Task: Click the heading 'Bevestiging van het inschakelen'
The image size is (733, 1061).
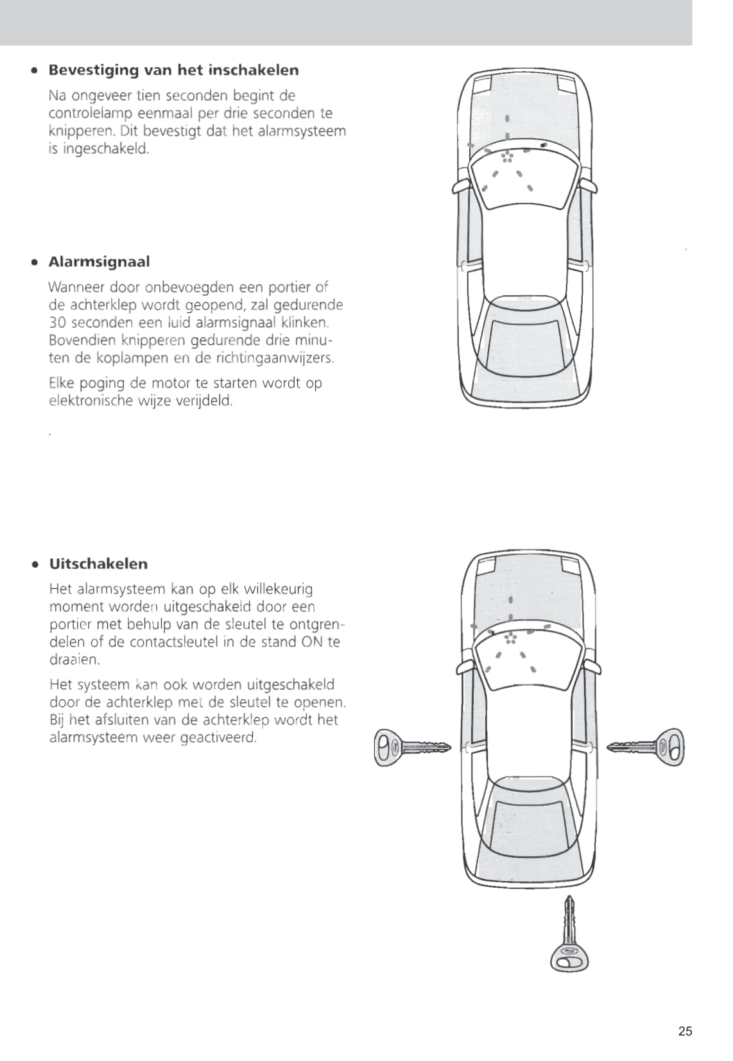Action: pyautogui.click(x=173, y=70)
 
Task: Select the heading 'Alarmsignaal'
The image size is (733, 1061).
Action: pyautogui.click(x=99, y=262)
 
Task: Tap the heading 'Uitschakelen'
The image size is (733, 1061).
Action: pyautogui.click(x=98, y=564)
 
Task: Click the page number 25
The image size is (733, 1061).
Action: pyautogui.click(x=685, y=1031)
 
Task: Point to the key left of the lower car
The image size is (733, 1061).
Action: pyautogui.click(x=411, y=747)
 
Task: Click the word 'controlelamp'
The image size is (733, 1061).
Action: pyautogui.click(x=91, y=114)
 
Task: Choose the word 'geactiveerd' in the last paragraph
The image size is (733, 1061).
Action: pyautogui.click(x=218, y=738)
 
